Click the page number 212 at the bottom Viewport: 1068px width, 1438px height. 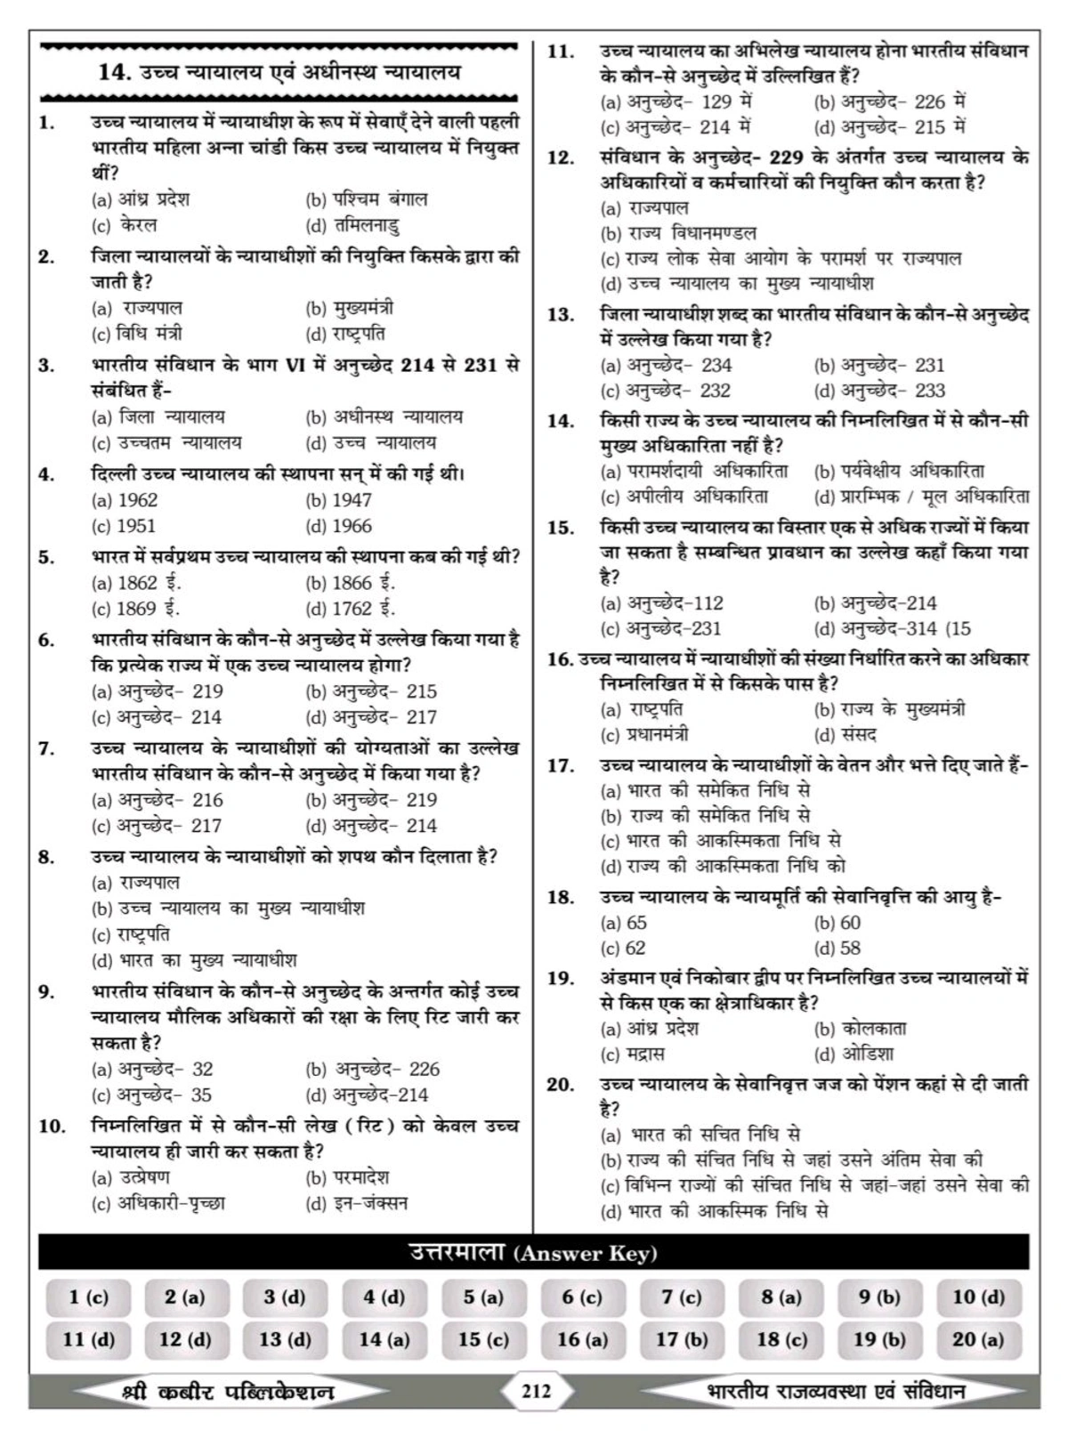pos(536,1391)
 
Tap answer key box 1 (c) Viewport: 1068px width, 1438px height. pos(88,1297)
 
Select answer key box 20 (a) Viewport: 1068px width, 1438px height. pos(977,1339)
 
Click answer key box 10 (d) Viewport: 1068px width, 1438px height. pos(977,1297)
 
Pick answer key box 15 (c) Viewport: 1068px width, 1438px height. pos(483,1339)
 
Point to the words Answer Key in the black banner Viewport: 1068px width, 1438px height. pos(586,1254)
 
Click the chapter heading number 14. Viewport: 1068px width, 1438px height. pos(115,73)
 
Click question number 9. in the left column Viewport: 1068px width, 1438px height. pos(48,992)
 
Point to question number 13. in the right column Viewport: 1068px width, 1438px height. pos(560,315)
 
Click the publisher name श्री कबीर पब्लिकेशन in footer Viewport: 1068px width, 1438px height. pos(228,1392)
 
